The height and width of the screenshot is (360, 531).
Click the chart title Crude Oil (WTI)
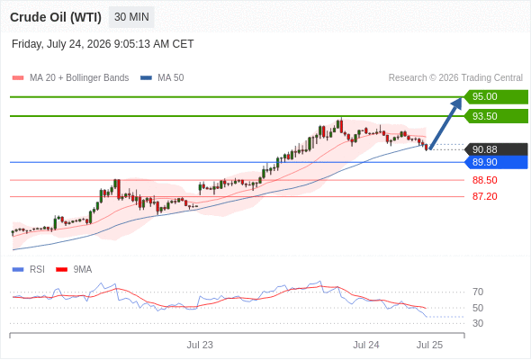(x=56, y=17)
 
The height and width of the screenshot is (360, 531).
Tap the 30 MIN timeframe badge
(x=131, y=17)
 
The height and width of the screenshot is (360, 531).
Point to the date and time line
(x=103, y=44)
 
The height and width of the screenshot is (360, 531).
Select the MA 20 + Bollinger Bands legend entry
(x=70, y=78)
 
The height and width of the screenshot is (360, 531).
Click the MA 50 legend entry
(x=162, y=78)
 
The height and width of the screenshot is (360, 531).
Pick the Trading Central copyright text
(x=455, y=78)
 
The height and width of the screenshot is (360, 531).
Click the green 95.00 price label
(x=496, y=97)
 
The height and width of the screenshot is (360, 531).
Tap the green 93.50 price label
(x=496, y=116)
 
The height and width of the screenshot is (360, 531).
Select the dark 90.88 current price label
(x=496, y=149)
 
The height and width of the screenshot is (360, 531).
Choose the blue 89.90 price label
(x=496, y=162)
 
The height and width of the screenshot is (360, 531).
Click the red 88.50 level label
(x=484, y=180)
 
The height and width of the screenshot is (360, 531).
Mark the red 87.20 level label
(x=484, y=196)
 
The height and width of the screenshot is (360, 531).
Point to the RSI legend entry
(x=29, y=270)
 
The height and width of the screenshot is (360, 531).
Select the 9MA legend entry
(x=74, y=270)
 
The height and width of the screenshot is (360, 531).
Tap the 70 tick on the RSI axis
(x=478, y=292)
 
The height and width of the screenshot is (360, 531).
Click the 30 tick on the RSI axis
(x=478, y=323)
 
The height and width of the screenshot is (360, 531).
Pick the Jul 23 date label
(x=200, y=345)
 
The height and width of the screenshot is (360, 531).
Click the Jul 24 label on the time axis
(x=366, y=345)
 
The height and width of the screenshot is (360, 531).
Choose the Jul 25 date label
(x=429, y=345)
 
